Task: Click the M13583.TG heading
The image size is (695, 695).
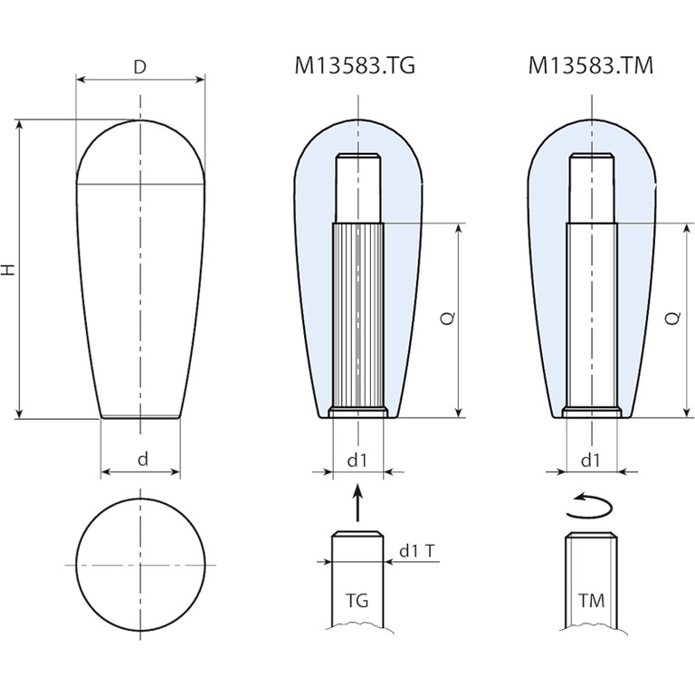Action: coord(355,66)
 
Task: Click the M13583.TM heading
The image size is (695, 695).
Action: coord(591,66)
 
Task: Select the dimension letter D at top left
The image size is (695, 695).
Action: coord(140,67)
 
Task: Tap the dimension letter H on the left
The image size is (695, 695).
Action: coord(9,269)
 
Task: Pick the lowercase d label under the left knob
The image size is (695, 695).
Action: coord(143,459)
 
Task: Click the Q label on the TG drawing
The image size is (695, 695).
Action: coord(449,318)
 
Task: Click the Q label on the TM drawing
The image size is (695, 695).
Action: coord(673,318)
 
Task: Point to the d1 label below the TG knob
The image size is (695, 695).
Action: coord(357,461)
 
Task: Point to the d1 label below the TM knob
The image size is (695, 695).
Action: coord(591,461)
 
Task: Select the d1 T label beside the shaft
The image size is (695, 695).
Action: coord(417,551)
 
